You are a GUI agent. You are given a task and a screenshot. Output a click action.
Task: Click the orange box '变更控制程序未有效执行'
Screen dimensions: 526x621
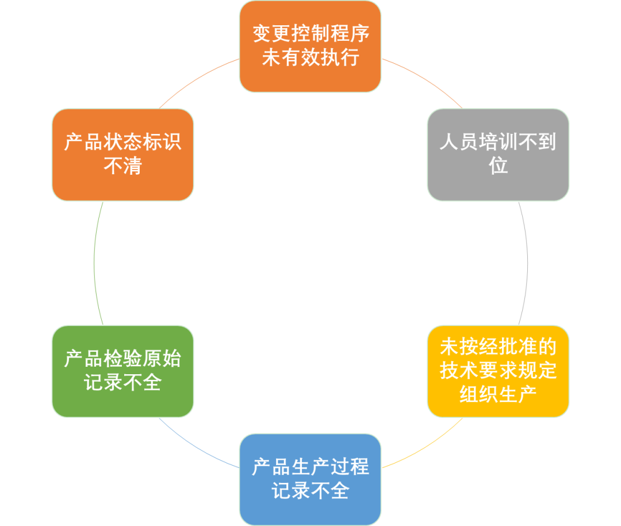point(310,46)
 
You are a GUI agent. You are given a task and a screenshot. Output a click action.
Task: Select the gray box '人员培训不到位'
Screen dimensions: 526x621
point(498,154)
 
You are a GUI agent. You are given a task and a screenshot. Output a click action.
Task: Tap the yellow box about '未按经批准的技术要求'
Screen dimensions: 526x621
point(498,371)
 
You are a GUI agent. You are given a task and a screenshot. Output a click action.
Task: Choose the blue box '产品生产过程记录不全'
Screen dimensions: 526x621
point(310,479)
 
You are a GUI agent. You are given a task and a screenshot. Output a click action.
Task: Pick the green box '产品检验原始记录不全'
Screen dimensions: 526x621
point(122,371)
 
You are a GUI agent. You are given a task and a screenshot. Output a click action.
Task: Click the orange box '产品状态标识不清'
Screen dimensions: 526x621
point(122,154)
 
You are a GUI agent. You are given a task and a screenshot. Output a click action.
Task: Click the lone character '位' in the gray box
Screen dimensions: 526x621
point(499,166)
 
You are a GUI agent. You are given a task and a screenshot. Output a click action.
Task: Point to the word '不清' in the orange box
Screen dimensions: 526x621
point(122,166)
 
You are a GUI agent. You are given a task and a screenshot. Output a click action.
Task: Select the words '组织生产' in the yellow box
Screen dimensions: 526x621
point(498,394)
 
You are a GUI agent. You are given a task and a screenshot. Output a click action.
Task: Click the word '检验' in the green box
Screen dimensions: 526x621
point(122,359)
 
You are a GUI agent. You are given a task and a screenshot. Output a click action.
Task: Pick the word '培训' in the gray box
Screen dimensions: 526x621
point(497,142)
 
